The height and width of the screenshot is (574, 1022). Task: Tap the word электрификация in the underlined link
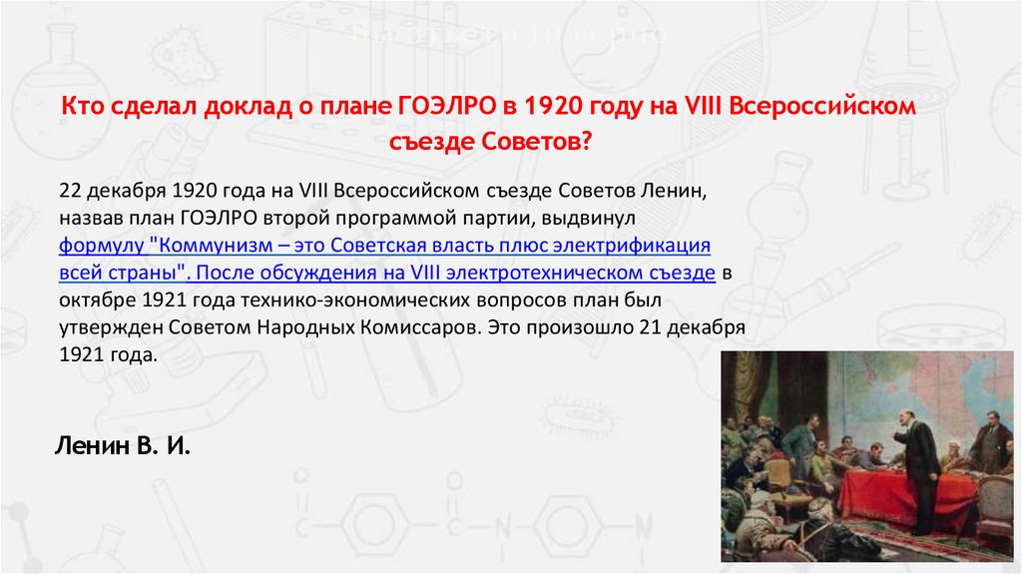(636, 245)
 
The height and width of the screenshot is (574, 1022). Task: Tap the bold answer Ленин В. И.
(121, 445)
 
